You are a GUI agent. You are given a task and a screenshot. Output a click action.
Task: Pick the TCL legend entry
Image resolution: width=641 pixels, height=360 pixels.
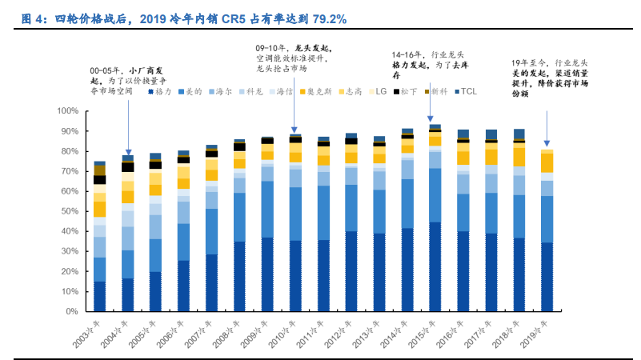[466, 92]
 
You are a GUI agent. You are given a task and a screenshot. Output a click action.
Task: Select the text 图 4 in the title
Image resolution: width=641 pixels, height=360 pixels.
[31, 18]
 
